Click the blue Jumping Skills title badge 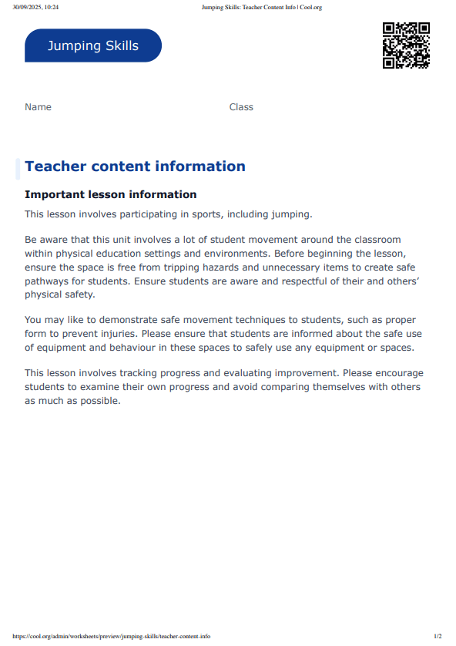(93, 45)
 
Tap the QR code (406, 45)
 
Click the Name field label (38, 107)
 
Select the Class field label (241, 107)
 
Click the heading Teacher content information (135, 167)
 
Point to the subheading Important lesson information (111, 194)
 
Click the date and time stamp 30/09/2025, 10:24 (35, 7)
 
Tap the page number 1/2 (438, 637)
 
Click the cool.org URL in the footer (112, 637)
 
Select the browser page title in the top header (261, 7)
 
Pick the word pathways (46, 281)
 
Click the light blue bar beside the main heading (18, 168)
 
